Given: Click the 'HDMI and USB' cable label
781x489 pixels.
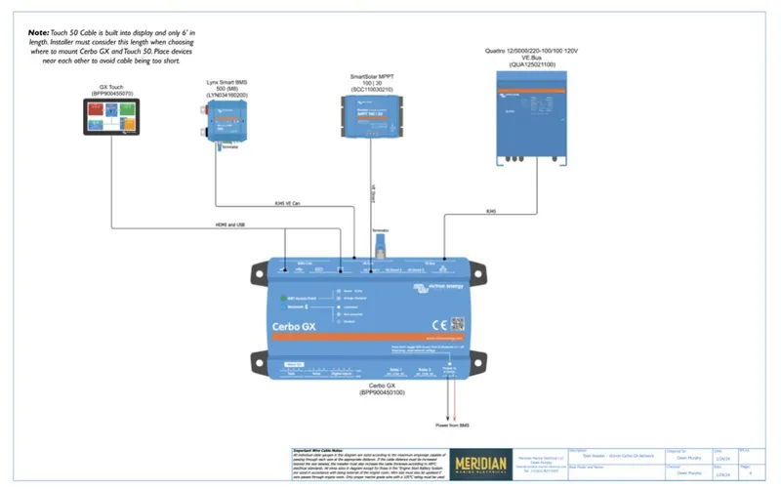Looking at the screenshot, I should coord(229,224).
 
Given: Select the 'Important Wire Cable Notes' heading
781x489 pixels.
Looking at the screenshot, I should coord(323,451).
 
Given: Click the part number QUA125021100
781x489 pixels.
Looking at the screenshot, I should coord(532,64).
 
